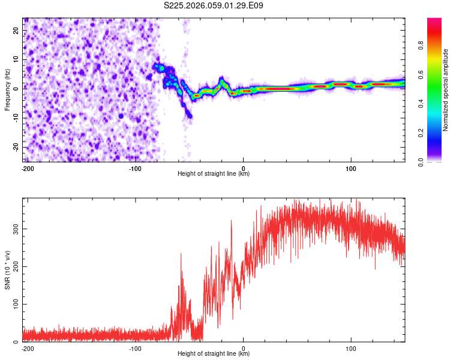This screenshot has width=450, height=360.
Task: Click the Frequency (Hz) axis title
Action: (x=7, y=89)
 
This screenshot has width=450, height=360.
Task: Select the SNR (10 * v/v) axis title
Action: (x=7, y=269)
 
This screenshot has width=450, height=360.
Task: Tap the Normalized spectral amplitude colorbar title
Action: (x=445, y=89)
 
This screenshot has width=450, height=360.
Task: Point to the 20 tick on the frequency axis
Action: (x=17, y=30)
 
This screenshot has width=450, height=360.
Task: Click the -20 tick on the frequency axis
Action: (x=16, y=147)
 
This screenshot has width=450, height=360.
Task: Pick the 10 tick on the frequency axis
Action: (x=17, y=59)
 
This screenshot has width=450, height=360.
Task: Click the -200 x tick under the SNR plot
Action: (x=27, y=348)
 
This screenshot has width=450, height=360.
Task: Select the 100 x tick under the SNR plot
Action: (x=351, y=348)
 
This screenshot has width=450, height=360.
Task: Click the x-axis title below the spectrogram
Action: (x=214, y=174)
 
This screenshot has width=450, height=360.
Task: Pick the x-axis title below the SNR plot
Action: (x=214, y=354)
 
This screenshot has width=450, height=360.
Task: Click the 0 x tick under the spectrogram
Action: (x=243, y=168)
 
